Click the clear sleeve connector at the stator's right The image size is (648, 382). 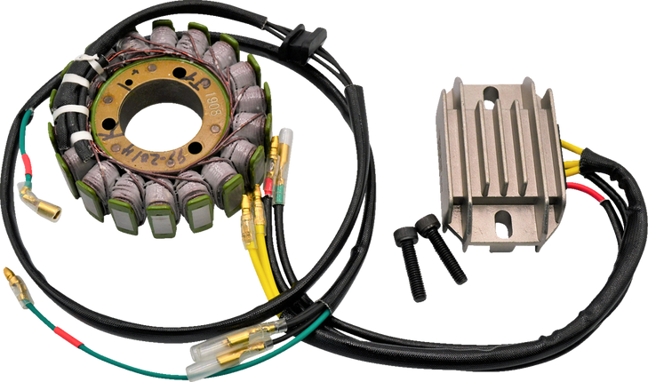point(286,144)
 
